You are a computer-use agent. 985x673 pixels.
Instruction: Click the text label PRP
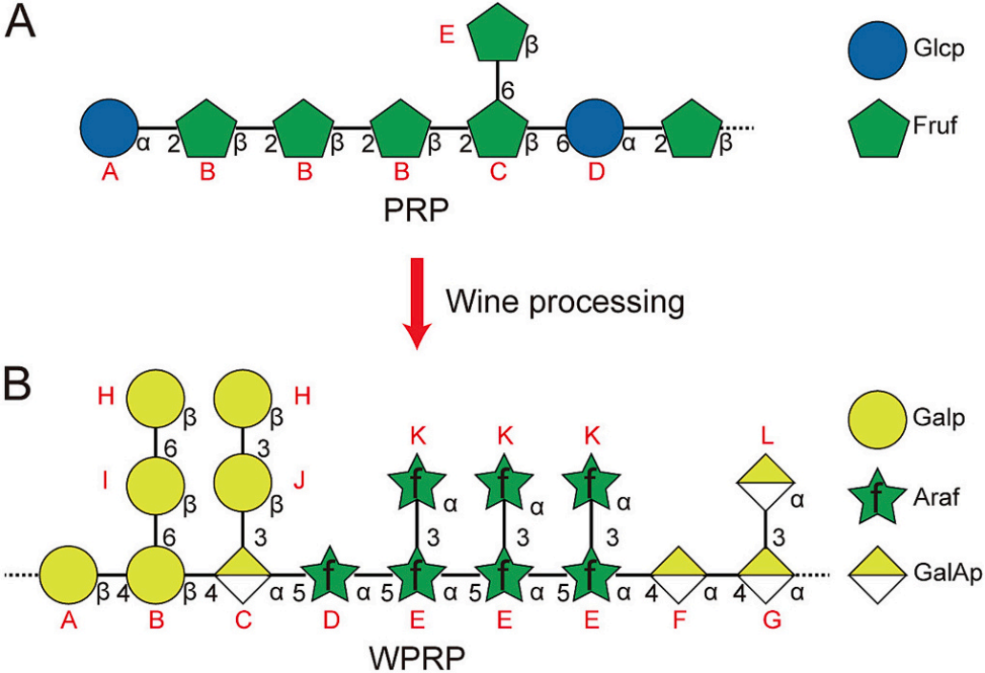[x=401, y=208]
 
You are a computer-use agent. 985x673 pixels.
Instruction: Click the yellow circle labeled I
[x=155, y=484]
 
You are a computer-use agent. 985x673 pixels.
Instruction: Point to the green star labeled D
[x=330, y=574]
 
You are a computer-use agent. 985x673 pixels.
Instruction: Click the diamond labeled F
[x=679, y=575]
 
